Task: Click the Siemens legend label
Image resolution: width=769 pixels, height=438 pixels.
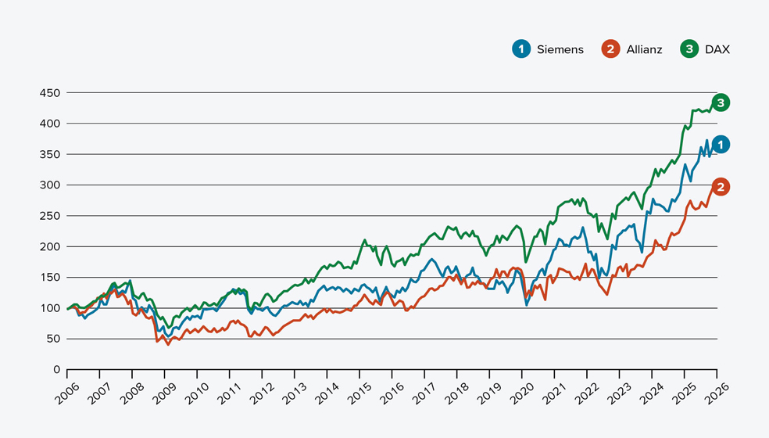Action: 560,49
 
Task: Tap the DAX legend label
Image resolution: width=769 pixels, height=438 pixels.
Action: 717,49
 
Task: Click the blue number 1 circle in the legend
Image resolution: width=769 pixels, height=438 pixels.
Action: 520,49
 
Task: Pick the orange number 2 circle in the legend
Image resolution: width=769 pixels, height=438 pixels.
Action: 610,49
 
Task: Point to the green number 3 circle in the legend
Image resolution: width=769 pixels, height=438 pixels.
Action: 689,49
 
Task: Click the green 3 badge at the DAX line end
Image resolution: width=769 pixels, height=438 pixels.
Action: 721,102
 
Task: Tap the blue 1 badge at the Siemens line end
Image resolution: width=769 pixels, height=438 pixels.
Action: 721,144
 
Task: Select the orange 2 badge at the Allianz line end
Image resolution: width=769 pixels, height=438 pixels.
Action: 721,187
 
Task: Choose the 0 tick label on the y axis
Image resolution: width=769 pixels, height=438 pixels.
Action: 56,370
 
